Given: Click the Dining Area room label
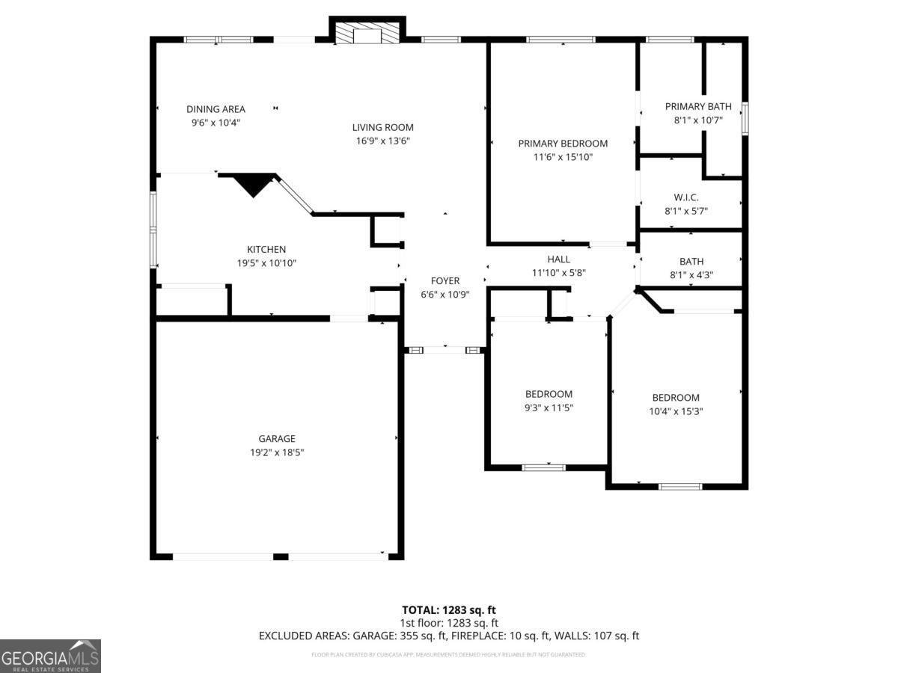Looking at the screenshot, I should [216, 109].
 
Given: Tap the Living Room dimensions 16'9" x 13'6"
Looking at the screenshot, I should [383, 141].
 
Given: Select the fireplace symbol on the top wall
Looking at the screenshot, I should [367, 34].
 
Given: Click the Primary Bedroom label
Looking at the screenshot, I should [563, 144].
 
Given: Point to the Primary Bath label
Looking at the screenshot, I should [697, 107].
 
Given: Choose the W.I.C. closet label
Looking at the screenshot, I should [685, 197].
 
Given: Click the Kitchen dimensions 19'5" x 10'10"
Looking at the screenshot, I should [266, 263].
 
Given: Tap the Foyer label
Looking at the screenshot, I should [445, 281].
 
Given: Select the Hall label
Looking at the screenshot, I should [558, 259].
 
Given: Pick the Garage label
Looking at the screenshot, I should [277, 439].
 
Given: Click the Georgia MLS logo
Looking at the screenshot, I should [50, 656].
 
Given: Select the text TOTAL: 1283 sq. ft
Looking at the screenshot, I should [449, 609].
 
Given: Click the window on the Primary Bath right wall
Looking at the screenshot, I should [745, 118].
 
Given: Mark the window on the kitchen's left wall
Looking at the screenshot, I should [153, 230].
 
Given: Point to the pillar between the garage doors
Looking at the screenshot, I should [281, 556].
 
